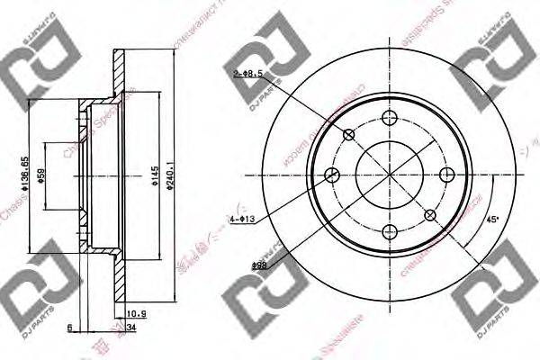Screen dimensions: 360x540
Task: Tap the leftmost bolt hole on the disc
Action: [332, 175]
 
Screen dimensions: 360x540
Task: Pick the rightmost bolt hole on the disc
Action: [448, 175]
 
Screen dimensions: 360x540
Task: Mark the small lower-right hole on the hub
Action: [431, 215]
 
